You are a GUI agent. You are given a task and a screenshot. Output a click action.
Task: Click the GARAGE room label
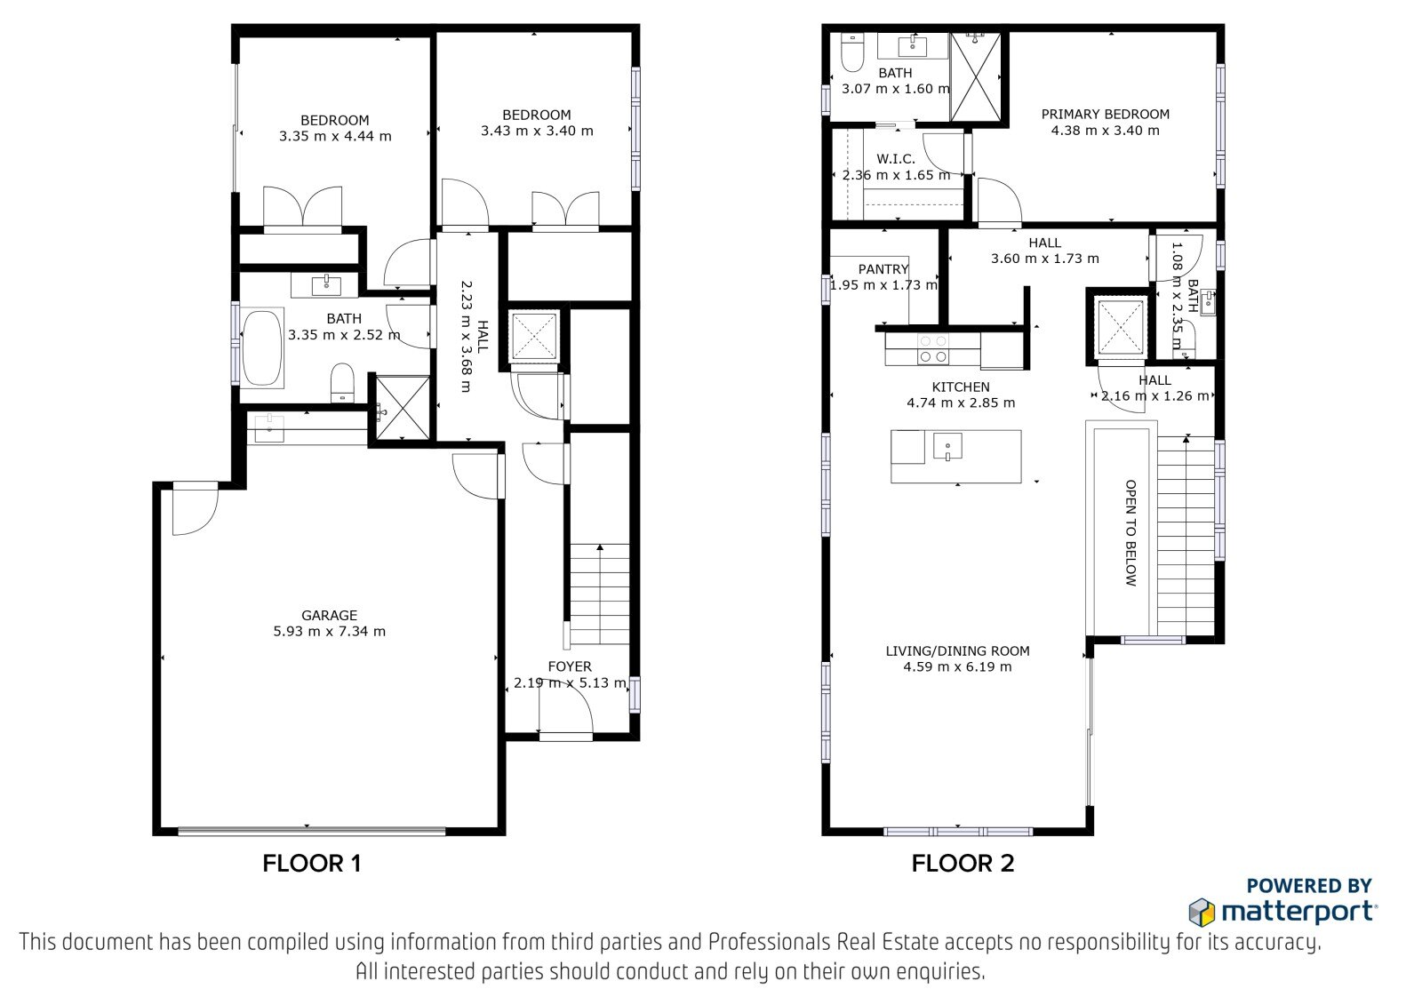pos(329,615)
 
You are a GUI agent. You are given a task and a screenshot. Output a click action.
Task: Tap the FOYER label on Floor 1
pos(570,666)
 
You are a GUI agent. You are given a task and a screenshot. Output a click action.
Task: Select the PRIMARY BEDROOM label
pos(1106,115)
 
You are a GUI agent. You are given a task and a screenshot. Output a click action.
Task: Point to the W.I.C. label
pos(896,159)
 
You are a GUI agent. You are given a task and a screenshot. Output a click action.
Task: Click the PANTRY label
pos(883,269)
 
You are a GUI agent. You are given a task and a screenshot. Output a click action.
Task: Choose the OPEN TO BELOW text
pos(1130,532)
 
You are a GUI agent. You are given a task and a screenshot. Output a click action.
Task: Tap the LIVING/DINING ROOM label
pos(957,650)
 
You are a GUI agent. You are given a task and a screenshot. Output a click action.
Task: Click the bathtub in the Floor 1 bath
pos(262,347)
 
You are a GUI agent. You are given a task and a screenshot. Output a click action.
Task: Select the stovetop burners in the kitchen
pos(932,349)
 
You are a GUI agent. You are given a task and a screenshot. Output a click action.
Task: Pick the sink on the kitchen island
pos(947,446)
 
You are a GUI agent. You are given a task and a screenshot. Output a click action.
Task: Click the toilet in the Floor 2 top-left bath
pos(851,52)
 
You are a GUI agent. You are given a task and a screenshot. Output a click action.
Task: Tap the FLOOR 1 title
pos(312,864)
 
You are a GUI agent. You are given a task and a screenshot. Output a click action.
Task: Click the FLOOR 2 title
pos(963,864)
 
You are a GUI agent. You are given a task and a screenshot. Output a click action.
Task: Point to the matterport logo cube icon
pos(1202,913)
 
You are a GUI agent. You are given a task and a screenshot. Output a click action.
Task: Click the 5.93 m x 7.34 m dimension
pos(329,631)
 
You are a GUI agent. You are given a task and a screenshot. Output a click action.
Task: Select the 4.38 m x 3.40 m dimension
pos(1106,130)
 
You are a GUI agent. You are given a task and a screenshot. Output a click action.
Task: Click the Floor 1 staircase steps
pos(600,594)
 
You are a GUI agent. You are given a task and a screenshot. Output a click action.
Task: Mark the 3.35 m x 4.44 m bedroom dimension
pos(335,136)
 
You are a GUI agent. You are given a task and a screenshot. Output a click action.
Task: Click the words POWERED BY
pos(1309,886)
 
